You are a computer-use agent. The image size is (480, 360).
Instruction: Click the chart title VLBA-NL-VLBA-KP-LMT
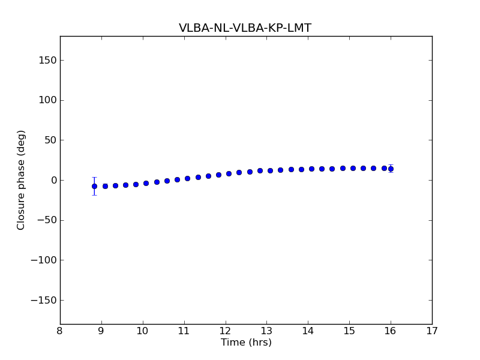245,28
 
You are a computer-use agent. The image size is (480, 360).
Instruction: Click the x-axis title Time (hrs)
246,343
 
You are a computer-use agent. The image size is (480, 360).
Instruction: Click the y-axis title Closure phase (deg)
22,180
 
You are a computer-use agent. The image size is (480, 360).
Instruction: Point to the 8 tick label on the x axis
60,331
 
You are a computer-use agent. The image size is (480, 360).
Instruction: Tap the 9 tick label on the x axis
101,331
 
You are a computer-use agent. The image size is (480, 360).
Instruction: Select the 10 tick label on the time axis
143,331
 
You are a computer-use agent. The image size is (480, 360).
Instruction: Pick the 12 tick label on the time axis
225,331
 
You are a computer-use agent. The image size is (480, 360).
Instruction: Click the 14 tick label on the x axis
308,331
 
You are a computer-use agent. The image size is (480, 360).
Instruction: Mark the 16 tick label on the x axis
391,331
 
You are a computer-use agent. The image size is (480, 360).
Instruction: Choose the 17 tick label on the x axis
432,331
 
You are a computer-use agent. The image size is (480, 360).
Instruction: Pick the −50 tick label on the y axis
47,220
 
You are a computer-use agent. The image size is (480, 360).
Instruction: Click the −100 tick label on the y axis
44,260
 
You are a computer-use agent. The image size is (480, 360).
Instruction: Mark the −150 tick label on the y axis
44,300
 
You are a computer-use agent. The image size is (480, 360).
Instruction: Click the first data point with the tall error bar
94,186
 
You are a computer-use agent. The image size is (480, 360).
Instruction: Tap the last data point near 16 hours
391,169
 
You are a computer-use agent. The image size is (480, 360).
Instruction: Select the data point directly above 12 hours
229,173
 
